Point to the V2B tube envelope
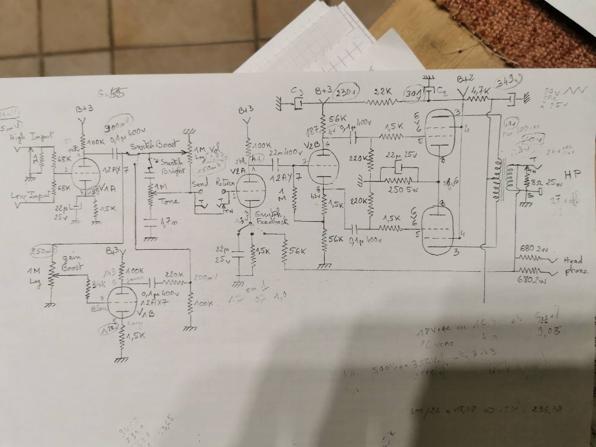322,166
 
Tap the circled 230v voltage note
346,91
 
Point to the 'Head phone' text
569,267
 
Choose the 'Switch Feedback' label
260,218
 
